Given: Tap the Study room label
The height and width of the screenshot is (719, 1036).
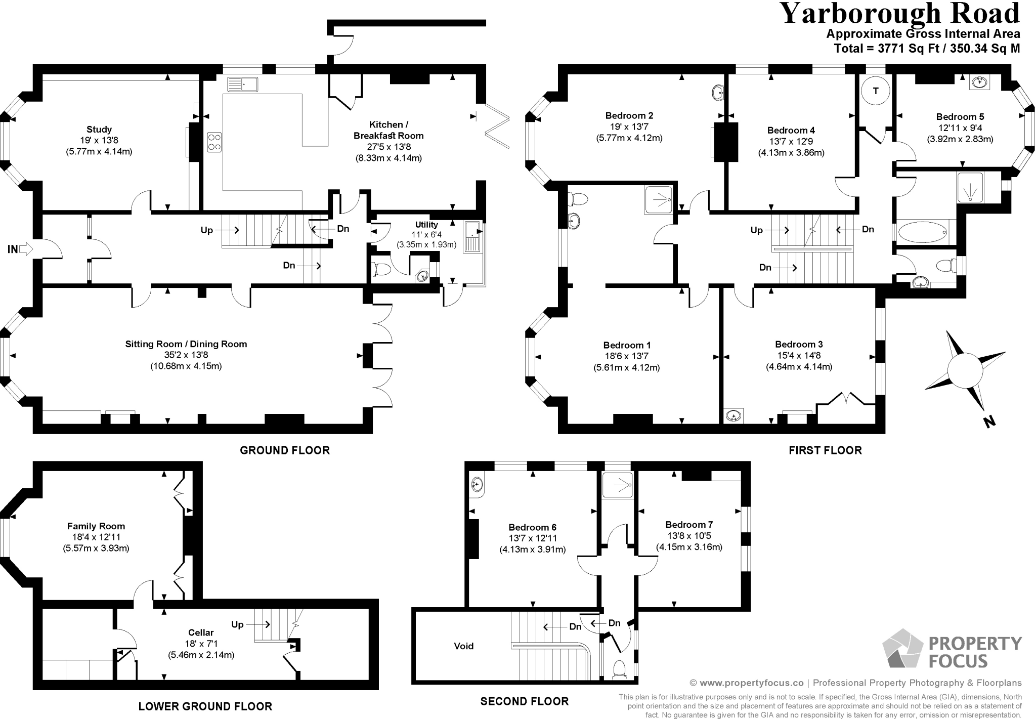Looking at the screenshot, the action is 99,130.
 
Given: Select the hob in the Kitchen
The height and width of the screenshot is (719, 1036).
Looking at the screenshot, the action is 214,142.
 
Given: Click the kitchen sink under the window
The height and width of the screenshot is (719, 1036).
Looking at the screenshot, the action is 243,84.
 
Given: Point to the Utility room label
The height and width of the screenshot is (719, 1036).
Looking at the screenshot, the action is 426,225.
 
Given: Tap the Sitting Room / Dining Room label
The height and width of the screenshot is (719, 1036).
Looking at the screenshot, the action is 186,344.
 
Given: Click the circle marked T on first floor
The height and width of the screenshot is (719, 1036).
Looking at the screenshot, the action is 876,91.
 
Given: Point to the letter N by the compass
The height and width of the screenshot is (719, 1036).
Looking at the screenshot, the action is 989,421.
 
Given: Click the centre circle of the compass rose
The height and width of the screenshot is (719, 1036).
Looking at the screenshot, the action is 965,370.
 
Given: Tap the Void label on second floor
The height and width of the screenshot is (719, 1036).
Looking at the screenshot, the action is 463,646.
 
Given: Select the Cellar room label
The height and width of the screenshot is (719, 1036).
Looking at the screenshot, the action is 201,632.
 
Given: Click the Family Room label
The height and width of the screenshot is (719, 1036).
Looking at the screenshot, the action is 96,526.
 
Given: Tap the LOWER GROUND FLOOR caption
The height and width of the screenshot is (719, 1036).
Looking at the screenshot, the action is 205,706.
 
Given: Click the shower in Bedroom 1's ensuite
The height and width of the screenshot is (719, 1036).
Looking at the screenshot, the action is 659,199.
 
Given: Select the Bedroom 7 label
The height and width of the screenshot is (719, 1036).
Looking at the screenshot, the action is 689,525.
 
